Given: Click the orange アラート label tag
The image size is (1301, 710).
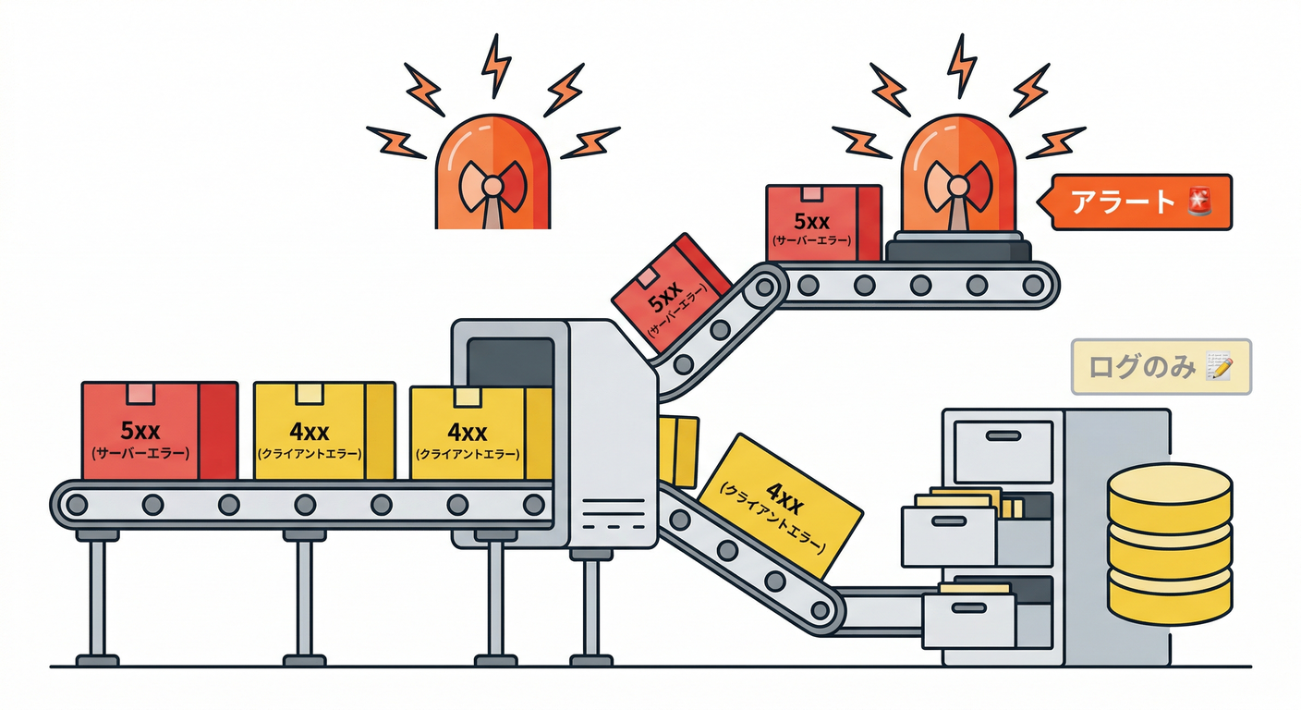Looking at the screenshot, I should tap(1142, 202).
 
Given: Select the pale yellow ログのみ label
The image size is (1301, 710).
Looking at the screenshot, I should tap(1161, 367).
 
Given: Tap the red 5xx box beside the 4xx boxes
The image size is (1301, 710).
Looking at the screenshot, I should tap(159, 431).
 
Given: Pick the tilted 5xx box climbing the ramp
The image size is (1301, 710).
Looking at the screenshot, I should tap(672, 290).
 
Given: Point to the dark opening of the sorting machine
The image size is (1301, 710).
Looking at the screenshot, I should tap(510, 361).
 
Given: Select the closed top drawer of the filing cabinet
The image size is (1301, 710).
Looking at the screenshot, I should tap(1003, 451).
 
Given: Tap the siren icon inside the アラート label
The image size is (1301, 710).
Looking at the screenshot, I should tap(1199, 202).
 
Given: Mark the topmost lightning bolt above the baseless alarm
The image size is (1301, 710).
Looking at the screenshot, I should tap(496, 64).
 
